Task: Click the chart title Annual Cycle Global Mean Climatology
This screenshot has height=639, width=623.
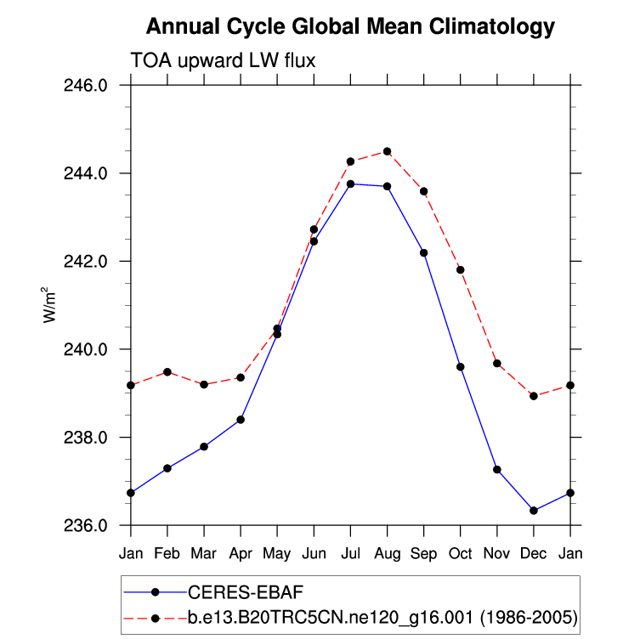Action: (x=350, y=27)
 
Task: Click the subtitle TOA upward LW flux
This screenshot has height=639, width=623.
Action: (x=223, y=60)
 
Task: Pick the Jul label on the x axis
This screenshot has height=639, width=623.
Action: (x=350, y=554)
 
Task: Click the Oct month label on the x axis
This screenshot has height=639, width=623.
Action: (x=460, y=554)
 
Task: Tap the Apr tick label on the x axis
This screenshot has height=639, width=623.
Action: (x=241, y=554)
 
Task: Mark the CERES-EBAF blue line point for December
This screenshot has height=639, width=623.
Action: (x=534, y=511)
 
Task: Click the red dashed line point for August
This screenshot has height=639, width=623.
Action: (x=387, y=151)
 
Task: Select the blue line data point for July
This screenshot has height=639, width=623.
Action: (x=350, y=184)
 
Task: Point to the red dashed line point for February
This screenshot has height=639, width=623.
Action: (x=167, y=372)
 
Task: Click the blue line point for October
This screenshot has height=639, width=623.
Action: (x=461, y=367)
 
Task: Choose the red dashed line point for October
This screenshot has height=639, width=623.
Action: (x=461, y=269)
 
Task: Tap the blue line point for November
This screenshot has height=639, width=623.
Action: (x=497, y=470)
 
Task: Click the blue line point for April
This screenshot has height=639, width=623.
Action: (x=241, y=420)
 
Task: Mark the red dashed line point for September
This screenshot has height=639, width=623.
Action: (x=423, y=191)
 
